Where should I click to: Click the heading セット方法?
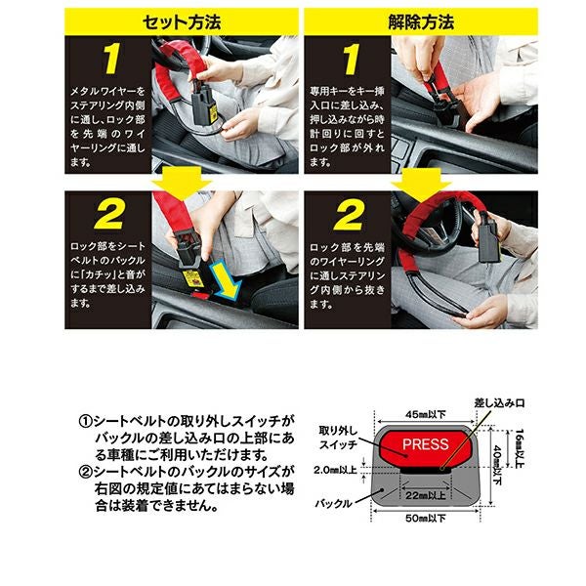tap(182, 22)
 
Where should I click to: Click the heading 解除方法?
tap(421, 22)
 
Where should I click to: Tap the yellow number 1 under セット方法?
tap(111, 59)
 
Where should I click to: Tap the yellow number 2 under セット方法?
tap(109, 214)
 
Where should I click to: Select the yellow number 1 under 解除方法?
tap(351, 59)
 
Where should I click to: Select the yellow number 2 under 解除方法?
tap(349, 215)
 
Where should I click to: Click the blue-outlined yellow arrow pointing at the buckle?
tap(225, 280)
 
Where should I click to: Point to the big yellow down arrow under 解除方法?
tap(421, 184)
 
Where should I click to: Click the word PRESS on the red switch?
tap(425, 444)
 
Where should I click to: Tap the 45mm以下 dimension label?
tap(426, 414)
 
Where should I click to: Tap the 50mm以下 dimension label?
tap(426, 519)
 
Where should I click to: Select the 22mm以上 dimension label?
tap(426, 495)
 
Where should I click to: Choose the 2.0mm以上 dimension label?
tap(335, 470)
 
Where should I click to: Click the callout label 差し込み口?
tap(499, 402)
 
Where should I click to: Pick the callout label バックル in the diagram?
tap(333, 503)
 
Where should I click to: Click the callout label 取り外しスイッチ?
tap(338, 438)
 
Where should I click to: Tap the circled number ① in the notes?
tap(86, 422)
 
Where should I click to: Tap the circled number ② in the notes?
tap(86, 472)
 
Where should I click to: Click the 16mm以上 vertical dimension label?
tap(520, 448)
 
